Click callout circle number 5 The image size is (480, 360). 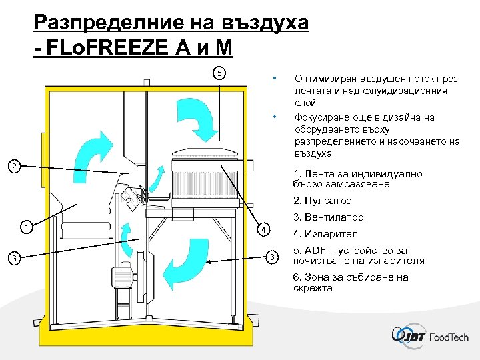[221, 72]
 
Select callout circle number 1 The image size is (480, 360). [26, 226]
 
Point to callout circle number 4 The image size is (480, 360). [264, 230]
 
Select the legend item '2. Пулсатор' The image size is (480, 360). [323, 201]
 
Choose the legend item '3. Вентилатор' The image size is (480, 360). [329, 217]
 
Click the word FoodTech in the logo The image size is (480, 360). [449, 337]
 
